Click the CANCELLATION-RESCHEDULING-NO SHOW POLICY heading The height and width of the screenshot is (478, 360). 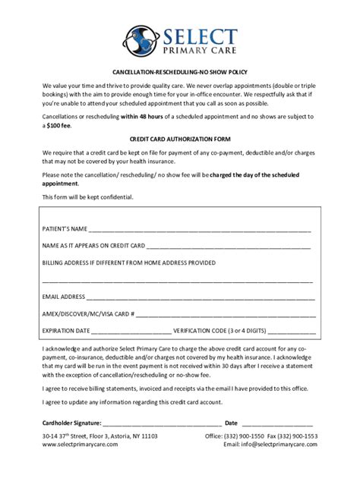tap(179, 68)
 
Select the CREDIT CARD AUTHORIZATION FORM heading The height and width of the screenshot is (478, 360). tap(179, 140)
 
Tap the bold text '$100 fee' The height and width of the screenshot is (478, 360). tap(60, 126)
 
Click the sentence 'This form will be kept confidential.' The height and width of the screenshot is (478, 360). tap(88, 197)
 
